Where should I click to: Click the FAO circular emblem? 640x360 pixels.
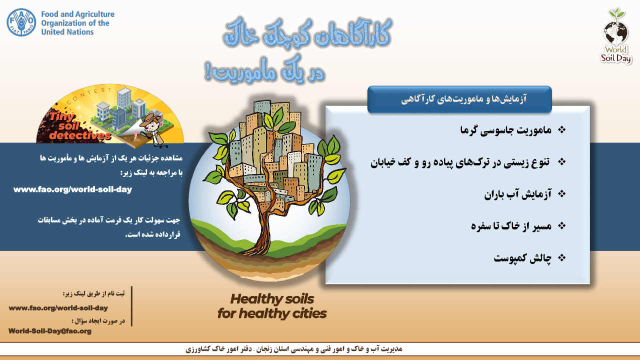tap(21, 22)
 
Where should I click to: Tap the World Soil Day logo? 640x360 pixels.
tap(616, 35)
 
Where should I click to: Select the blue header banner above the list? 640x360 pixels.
tap(459, 99)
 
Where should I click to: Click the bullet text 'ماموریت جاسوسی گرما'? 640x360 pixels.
tap(505, 130)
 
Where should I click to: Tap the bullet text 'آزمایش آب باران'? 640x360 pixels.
tap(517, 194)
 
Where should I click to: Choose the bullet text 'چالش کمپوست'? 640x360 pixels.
tap(522, 258)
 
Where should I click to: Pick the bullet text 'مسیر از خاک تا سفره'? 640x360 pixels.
tap(511, 226)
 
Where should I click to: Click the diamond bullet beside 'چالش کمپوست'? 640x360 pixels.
tap(561, 258)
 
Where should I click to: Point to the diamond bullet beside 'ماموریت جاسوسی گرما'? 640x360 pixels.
tap(561, 130)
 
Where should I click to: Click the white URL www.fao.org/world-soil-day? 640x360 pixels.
tap(72, 189)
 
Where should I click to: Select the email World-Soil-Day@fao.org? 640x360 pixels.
tap(50, 331)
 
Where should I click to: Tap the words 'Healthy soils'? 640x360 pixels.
tap(272, 299)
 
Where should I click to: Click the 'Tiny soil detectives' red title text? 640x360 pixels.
tap(77, 127)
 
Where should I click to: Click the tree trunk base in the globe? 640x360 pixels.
tap(258, 247)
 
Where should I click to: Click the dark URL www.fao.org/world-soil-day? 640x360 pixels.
tap(58, 308)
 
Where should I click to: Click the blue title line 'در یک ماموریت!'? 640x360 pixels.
tap(264, 71)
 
